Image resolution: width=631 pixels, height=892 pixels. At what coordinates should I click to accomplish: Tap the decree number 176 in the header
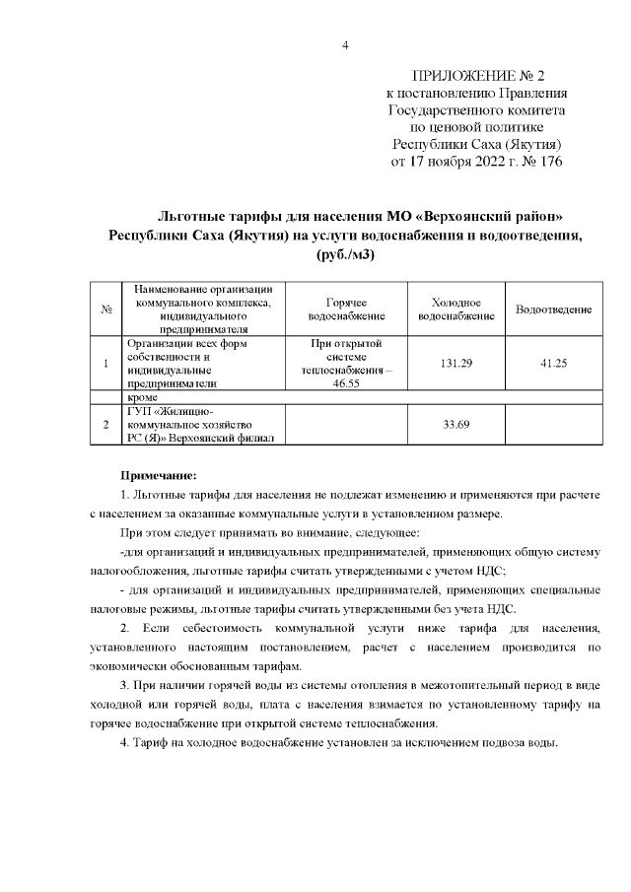548,162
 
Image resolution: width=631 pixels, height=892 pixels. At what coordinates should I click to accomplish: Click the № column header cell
105,309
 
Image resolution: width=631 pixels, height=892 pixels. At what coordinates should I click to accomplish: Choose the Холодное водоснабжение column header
456,309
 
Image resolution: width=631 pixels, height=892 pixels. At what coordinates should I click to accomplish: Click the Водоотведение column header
553,309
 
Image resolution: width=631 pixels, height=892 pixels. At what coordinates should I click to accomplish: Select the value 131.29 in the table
456,364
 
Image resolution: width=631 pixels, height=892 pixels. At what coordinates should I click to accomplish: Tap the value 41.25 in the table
553,364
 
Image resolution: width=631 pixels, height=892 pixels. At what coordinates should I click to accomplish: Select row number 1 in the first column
105,364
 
